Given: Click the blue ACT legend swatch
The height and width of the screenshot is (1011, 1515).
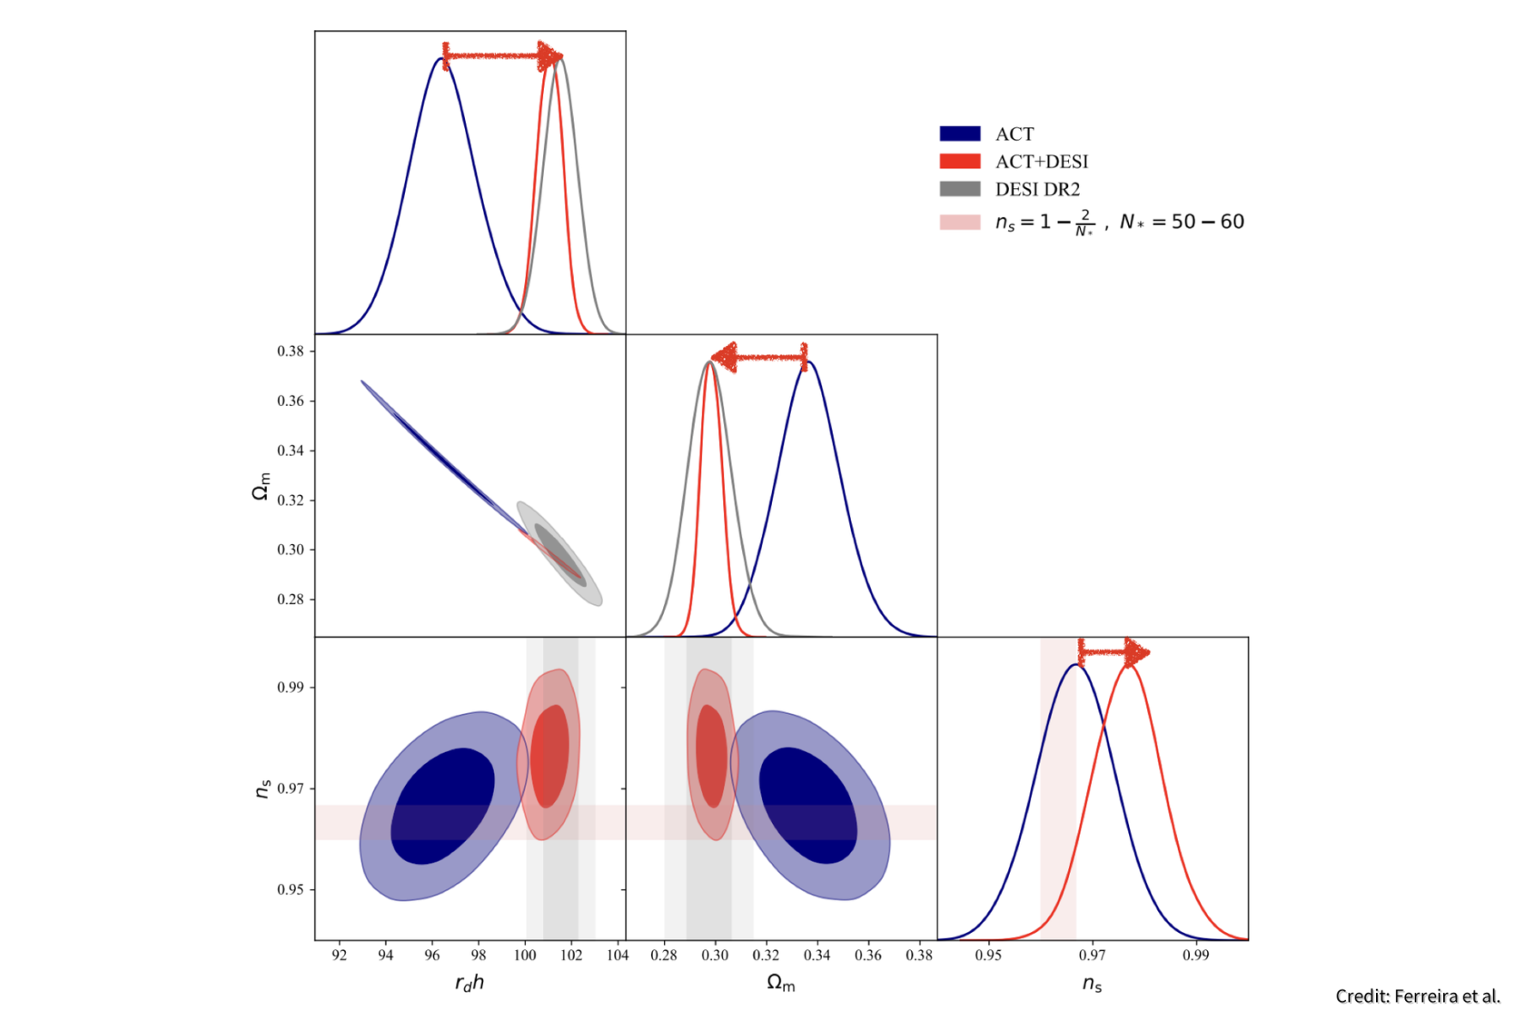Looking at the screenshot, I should pos(959,134).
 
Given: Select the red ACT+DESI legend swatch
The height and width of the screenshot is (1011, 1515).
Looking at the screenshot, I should pos(959,161).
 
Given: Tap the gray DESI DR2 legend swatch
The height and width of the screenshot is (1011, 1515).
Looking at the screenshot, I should pos(959,189).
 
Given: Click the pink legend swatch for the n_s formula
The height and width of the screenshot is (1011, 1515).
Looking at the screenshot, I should pos(959,222).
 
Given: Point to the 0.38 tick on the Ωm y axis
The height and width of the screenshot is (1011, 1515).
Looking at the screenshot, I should pos(291,351).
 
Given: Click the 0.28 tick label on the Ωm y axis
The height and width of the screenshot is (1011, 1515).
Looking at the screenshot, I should pos(291,599).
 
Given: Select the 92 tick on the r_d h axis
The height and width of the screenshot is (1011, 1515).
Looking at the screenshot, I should pos(340,955).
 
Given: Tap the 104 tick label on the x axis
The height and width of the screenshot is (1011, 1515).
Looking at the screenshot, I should pos(617,955).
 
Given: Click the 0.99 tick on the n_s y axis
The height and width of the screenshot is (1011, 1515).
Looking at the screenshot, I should pos(291,687).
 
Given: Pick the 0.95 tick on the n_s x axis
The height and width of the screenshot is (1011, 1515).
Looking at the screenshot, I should pos(988,955).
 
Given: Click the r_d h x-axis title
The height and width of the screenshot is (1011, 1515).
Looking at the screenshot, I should pos(469,983).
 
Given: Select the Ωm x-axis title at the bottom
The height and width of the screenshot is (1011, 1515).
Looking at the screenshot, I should pos(781,983).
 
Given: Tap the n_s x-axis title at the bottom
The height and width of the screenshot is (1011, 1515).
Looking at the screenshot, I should pos(1091,984).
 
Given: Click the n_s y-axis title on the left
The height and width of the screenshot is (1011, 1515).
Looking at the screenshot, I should pos(263,789).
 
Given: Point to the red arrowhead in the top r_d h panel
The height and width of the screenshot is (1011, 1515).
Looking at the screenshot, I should pos(550,56).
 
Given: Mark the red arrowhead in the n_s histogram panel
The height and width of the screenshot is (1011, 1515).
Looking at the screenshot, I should pos(1137,653).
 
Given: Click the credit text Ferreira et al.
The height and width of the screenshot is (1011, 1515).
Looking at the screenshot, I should pos(1417,996).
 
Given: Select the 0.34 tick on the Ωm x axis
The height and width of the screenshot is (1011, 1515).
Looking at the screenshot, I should pos(817,955).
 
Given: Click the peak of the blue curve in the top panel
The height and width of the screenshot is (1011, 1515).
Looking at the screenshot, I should pos(441,58).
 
